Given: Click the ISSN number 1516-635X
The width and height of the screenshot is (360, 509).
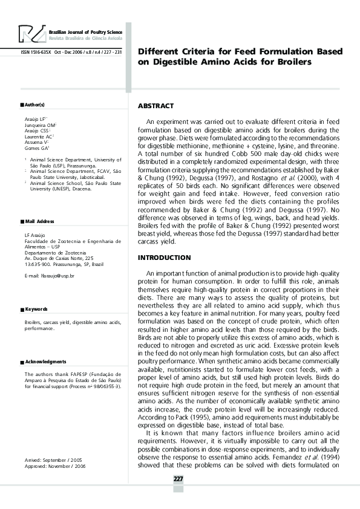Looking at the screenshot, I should click(x=36, y=51).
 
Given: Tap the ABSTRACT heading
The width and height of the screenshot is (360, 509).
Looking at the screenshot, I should click(x=155, y=106).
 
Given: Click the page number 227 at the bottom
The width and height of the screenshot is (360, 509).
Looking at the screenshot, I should click(x=178, y=479).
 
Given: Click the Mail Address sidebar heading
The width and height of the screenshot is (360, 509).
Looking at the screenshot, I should click(x=39, y=222).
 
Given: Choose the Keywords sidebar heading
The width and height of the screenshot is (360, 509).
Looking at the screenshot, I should click(x=36, y=309).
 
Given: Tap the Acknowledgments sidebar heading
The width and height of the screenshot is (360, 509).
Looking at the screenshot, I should click(x=45, y=361).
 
